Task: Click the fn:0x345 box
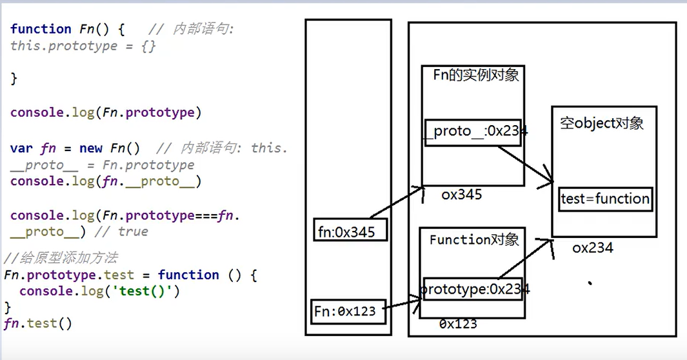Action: [350, 231]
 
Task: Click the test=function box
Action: [605, 199]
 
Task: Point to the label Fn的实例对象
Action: [476, 75]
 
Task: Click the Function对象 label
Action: [474, 240]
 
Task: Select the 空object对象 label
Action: [602, 123]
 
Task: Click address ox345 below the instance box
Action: [461, 195]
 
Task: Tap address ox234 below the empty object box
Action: [592, 248]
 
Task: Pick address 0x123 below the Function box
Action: [458, 324]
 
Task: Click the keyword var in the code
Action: [21, 148]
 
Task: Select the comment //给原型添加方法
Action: [61, 258]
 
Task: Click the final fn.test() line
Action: [38, 323]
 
